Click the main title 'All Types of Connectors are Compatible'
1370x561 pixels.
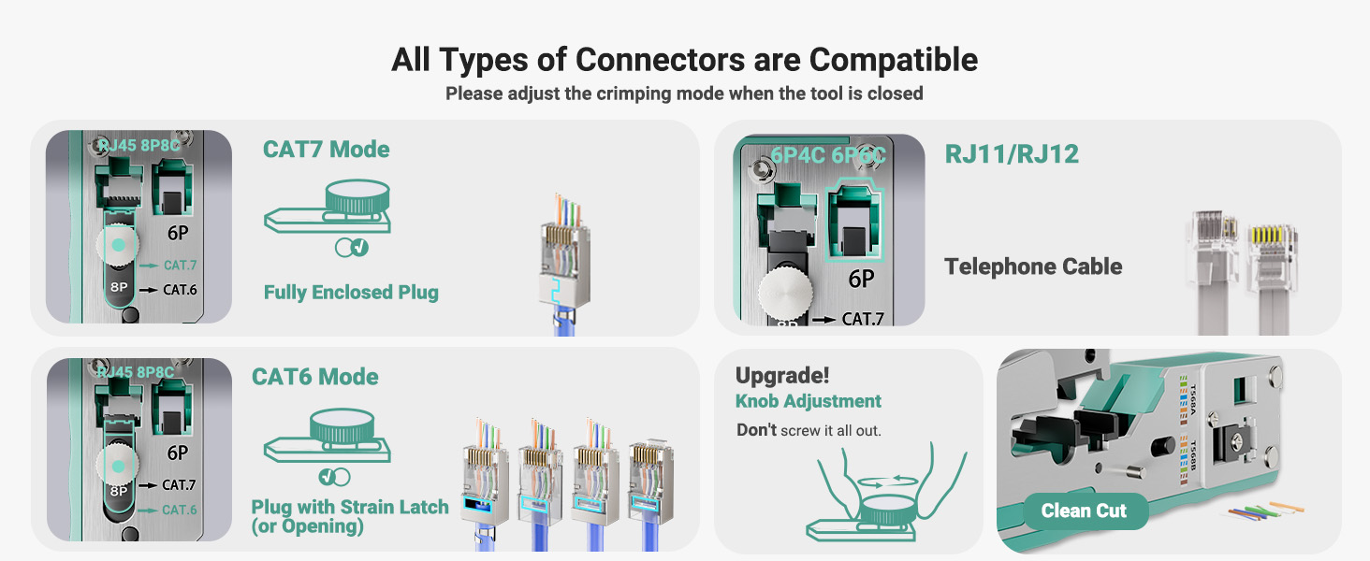(684, 60)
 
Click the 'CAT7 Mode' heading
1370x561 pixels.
(326, 150)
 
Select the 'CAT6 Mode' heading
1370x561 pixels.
(314, 377)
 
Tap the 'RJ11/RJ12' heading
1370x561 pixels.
(1012, 153)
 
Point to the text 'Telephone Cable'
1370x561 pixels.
(1033, 266)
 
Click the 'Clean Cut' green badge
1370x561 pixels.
(1084, 511)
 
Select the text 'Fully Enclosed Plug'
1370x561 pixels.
(351, 293)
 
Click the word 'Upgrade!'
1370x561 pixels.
(782, 376)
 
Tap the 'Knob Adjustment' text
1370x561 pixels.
(809, 401)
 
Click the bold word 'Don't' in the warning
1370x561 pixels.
(756, 430)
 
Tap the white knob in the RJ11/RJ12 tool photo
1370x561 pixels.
(782, 298)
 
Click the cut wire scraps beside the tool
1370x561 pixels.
(1263, 512)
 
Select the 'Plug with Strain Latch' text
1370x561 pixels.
(350, 507)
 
